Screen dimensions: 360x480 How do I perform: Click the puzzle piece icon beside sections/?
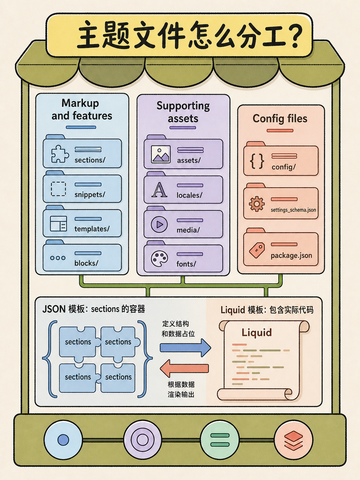click(x=59, y=154)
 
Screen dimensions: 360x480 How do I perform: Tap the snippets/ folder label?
click(x=90, y=194)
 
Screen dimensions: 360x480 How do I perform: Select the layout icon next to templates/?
click(x=58, y=223)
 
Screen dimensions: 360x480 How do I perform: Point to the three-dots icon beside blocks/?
click(x=58, y=258)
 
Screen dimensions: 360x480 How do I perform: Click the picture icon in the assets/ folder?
click(x=161, y=154)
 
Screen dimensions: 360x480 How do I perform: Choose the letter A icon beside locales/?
click(x=159, y=190)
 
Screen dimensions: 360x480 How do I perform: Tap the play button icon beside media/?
click(x=159, y=224)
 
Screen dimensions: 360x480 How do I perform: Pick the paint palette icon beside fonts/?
click(x=159, y=259)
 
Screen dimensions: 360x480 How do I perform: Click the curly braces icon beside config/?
click(x=257, y=161)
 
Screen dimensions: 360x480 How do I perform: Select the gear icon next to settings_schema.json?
click(x=257, y=204)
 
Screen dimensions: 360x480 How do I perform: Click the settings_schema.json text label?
click(x=293, y=210)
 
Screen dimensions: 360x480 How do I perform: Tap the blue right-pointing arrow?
click(x=185, y=348)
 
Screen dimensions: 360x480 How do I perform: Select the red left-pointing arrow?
click(x=184, y=369)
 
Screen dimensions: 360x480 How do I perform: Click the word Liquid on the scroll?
click(x=257, y=332)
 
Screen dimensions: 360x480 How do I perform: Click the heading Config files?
click(x=280, y=119)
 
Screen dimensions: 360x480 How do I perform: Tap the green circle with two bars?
click(x=220, y=440)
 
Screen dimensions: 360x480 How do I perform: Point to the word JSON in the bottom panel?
click(x=54, y=309)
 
